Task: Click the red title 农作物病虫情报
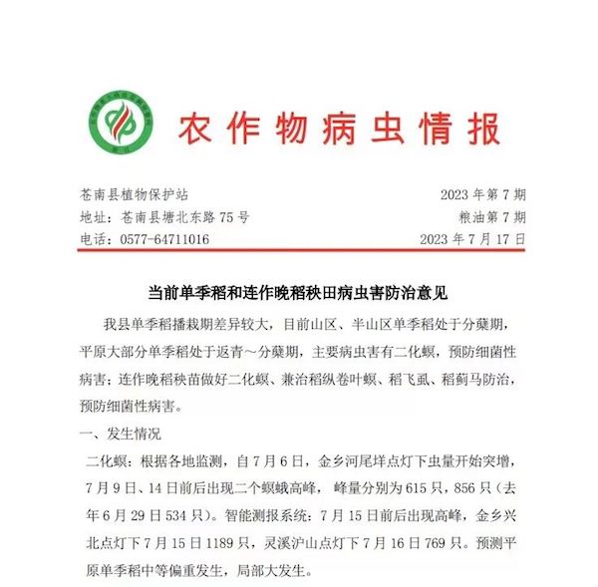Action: [339, 129]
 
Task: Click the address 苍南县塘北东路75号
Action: [185, 217]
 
